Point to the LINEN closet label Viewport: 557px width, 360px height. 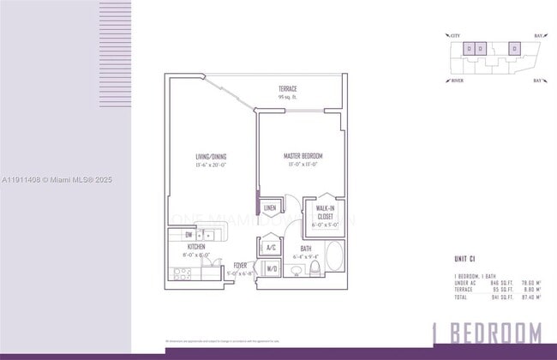(x=270, y=208)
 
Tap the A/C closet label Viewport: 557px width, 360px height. (x=271, y=247)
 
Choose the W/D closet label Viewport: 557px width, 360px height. (x=271, y=269)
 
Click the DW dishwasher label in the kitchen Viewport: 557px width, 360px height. (x=189, y=234)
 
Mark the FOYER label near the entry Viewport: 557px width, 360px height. (x=241, y=267)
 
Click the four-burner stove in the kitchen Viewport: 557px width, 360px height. (x=183, y=273)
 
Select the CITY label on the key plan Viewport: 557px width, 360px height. (x=454, y=35)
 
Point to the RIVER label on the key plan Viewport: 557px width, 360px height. (x=456, y=81)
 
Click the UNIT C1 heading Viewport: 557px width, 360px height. (x=465, y=259)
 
